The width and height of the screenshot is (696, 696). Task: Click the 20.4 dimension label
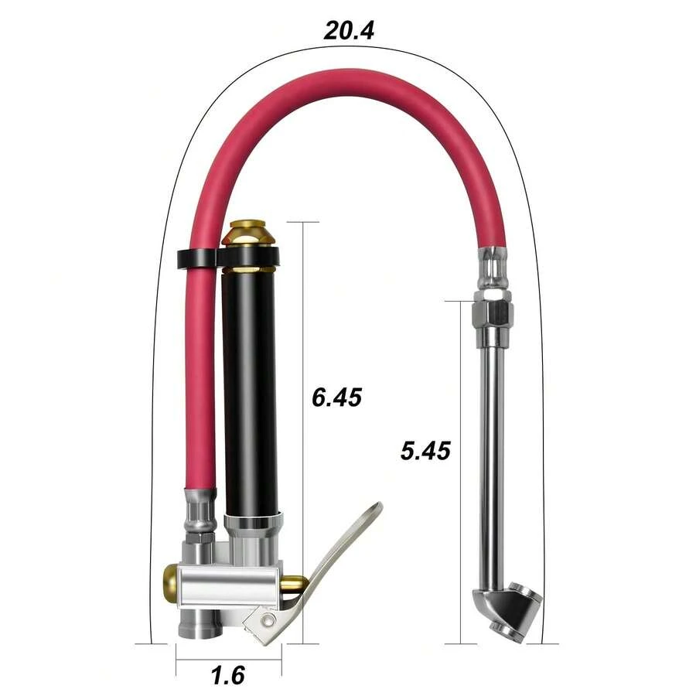349,31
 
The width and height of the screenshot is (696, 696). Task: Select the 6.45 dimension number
336,397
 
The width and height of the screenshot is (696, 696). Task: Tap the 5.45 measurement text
425,450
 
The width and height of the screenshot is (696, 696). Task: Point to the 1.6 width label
228,675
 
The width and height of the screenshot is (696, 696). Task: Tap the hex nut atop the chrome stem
493,312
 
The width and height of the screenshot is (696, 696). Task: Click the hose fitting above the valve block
200,514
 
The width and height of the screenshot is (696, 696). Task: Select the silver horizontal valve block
224,585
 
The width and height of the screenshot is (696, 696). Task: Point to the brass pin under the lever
292,585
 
